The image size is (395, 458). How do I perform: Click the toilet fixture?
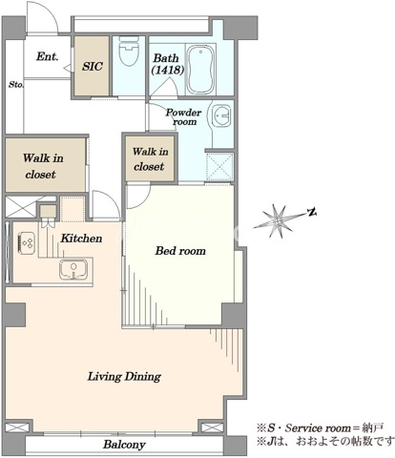(x=129, y=51)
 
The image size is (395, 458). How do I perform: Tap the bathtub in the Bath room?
(x=200, y=70)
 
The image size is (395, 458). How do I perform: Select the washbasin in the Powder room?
(x=219, y=116)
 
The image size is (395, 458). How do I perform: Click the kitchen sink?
(x=73, y=270)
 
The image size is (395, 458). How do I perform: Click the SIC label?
(x=93, y=66)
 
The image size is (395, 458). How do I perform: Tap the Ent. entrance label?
(x=47, y=56)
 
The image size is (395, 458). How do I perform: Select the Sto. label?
(x=16, y=85)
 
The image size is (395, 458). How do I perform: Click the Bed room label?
(x=180, y=251)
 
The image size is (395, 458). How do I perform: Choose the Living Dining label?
(x=124, y=377)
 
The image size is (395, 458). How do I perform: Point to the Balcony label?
(x=124, y=445)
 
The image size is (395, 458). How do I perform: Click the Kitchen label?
(x=81, y=239)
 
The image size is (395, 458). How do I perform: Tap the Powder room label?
(x=183, y=117)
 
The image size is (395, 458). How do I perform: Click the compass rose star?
(x=278, y=220)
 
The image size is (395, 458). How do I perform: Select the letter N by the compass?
(x=312, y=212)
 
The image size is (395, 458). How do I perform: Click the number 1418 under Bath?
(x=168, y=70)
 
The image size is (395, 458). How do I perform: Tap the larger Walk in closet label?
(x=43, y=166)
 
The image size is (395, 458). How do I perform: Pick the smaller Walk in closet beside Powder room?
(x=150, y=159)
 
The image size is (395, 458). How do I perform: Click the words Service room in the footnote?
(x=318, y=428)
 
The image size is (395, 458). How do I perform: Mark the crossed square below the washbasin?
(x=219, y=167)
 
